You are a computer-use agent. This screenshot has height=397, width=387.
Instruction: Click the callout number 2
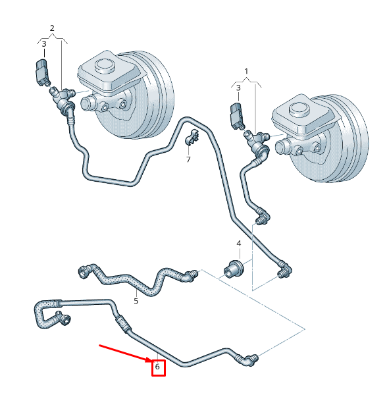52,28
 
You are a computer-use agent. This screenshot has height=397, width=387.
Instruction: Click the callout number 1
246,72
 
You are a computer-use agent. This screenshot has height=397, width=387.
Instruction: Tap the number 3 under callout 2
44,44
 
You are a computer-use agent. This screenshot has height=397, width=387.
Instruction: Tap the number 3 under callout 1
238,88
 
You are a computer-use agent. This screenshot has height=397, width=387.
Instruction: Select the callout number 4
239,244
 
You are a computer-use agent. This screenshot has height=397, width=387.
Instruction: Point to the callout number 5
136,301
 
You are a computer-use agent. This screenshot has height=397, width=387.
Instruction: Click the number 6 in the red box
157,366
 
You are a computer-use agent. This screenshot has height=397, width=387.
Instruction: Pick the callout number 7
188,160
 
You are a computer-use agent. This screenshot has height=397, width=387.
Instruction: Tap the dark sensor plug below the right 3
237,115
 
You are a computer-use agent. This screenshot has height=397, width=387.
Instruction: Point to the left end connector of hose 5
84,271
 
